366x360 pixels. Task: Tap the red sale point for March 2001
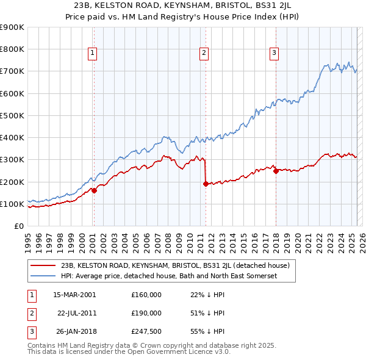94,190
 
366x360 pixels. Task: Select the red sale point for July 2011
206,184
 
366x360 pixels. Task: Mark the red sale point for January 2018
276,171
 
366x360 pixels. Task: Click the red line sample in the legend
43,265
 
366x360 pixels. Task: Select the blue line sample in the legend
43,276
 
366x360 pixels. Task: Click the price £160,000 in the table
146,295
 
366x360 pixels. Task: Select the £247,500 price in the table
146,331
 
